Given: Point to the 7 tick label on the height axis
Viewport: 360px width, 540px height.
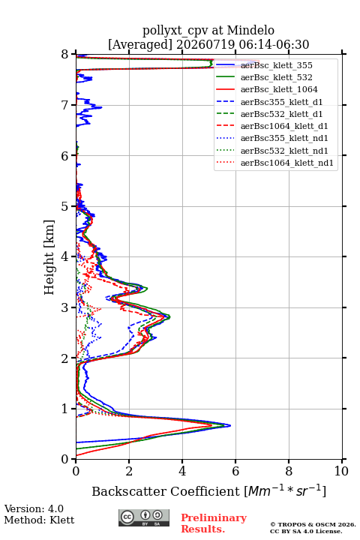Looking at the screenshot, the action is [x=65, y=105].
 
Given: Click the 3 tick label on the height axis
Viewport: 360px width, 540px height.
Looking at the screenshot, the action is [x=65, y=307].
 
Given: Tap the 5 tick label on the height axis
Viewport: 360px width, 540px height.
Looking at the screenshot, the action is [x=65, y=206].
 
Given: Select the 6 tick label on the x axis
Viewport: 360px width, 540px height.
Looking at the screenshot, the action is [x=235, y=471].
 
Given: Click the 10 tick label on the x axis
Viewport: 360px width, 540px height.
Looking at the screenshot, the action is [x=341, y=471].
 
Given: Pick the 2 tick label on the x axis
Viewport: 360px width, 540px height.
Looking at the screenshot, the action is [x=129, y=471].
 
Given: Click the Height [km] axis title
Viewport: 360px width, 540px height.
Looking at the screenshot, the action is [x=49, y=257].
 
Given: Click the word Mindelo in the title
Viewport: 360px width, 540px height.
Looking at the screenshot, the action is [x=250, y=30].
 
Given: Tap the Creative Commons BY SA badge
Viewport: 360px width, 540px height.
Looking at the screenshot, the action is [x=144, y=518].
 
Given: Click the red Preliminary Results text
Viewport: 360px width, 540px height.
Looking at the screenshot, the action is [x=214, y=523].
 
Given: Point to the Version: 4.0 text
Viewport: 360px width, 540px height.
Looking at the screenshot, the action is [x=34, y=509].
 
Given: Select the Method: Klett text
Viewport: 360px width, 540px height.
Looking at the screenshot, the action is [x=39, y=520].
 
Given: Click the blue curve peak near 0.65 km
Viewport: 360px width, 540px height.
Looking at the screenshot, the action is [x=230, y=425].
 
